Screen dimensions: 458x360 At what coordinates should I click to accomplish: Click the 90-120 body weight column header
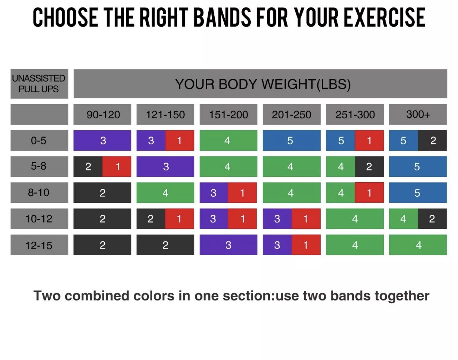tap(102, 114)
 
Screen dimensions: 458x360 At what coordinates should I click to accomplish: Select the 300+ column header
tap(418, 114)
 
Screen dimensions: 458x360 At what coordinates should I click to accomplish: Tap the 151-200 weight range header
tap(228, 114)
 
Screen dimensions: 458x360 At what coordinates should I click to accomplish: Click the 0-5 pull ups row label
tap(39, 140)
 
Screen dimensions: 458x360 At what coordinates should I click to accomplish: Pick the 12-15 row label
tap(39, 245)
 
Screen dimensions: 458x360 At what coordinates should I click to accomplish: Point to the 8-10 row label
tap(39, 192)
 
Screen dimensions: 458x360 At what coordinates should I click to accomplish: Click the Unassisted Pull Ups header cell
tap(39, 84)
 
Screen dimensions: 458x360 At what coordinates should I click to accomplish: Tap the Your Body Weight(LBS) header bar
tap(260, 84)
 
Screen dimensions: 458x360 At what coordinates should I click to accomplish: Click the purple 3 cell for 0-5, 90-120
tap(102, 140)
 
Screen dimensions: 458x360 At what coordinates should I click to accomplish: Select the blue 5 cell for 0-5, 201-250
tap(291, 140)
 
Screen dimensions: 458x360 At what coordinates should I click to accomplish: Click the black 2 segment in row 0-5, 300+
tap(432, 140)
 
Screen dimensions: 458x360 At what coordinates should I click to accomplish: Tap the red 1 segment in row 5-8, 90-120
tap(117, 166)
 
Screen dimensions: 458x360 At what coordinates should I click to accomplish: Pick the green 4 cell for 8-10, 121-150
tap(166, 192)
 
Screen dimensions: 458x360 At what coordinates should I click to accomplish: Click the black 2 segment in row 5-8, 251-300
tap(369, 166)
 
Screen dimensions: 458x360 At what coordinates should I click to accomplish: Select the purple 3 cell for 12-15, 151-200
tap(228, 245)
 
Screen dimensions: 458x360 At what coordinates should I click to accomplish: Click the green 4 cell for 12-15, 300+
tap(418, 245)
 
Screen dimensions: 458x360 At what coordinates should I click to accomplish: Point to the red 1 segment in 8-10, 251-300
tap(369, 192)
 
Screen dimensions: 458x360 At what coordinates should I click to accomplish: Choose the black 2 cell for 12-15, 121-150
tap(166, 245)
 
